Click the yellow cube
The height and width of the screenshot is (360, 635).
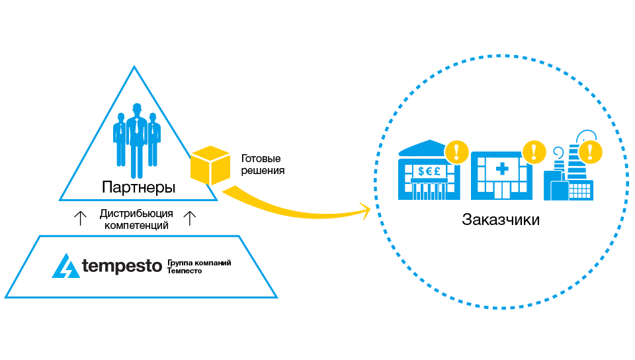pos(210,165)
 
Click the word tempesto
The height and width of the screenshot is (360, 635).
pos(122,267)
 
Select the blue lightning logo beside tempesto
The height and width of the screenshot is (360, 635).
pos(66,266)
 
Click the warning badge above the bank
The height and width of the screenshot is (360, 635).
pos(456,152)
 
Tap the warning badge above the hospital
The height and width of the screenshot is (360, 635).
pos(534,152)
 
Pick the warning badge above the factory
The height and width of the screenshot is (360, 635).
pos(590,152)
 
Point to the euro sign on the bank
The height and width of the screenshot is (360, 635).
pos(429,171)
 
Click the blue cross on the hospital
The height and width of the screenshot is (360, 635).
pos(502,170)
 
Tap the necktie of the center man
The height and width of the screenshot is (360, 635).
pos(137,126)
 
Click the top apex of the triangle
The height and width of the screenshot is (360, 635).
pos(134,67)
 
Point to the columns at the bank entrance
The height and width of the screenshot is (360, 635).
pos(429,191)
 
